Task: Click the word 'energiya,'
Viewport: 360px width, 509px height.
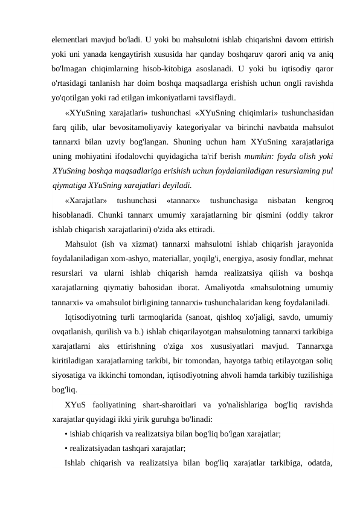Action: coord(237,258)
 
